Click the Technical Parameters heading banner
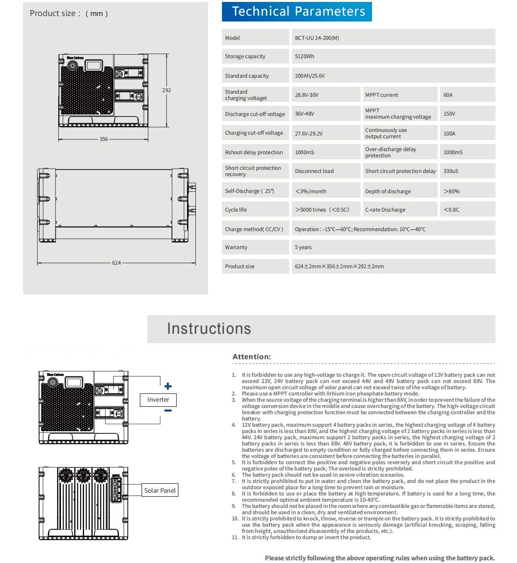tap(297, 12)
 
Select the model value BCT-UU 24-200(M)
tap(317, 38)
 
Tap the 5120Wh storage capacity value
tap(304, 56)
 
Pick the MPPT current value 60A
tap(448, 95)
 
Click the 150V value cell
tap(449, 114)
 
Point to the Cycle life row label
tap(236, 210)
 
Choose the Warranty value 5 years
tap(303, 247)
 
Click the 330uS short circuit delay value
tap(451, 171)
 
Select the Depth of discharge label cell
tap(388, 191)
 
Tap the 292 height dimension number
tap(166, 90)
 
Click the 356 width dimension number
tap(104, 139)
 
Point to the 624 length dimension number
tap(116, 263)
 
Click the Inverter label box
tap(158, 400)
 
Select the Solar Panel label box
tap(160, 490)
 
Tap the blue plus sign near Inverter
tap(168, 386)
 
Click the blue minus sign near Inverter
tap(168, 411)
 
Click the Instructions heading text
tap(209, 329)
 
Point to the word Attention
tap(251, 356)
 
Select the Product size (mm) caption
tap(69, 13)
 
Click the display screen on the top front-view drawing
tap(94, 65)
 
